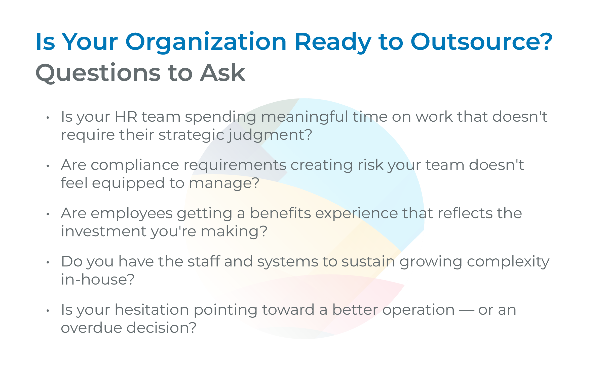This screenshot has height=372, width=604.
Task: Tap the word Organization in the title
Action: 206,42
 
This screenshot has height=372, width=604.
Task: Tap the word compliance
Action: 135,165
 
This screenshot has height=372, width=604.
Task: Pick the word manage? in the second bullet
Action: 224,183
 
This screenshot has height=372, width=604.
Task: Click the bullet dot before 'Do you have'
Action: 48,262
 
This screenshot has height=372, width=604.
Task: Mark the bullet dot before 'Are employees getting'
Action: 48,214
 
